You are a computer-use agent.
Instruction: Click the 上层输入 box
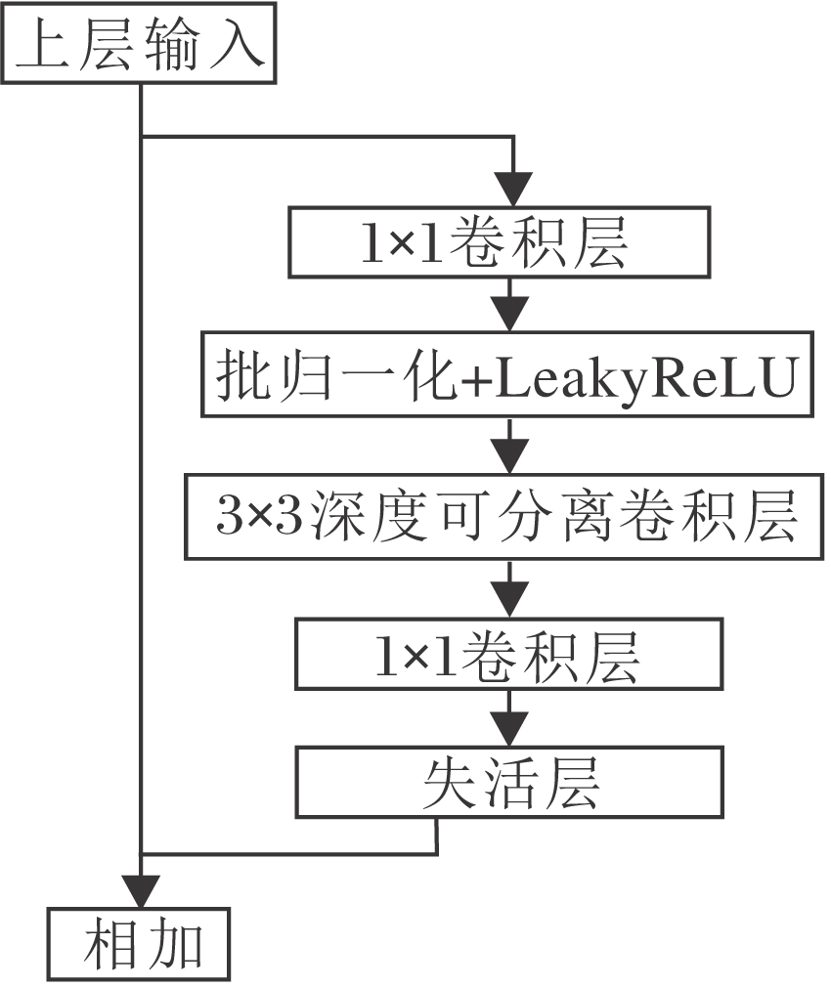click(x=139, y=49)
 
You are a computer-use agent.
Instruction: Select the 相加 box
click(x=140, y=945)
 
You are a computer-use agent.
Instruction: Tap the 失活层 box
click(x=509, y=783)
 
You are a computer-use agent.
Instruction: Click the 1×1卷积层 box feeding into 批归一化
click(x=499, y=242)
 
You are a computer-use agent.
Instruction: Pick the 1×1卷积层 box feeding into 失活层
click(x=509, y=656)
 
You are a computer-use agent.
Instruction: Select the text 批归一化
click(x=338, y=377)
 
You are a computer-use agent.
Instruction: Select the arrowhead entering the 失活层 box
click(x=509, y=727)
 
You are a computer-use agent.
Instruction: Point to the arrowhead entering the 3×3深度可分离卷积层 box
click(x=509, y=454)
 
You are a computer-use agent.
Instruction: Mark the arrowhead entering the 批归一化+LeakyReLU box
click(x=509, y=315)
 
